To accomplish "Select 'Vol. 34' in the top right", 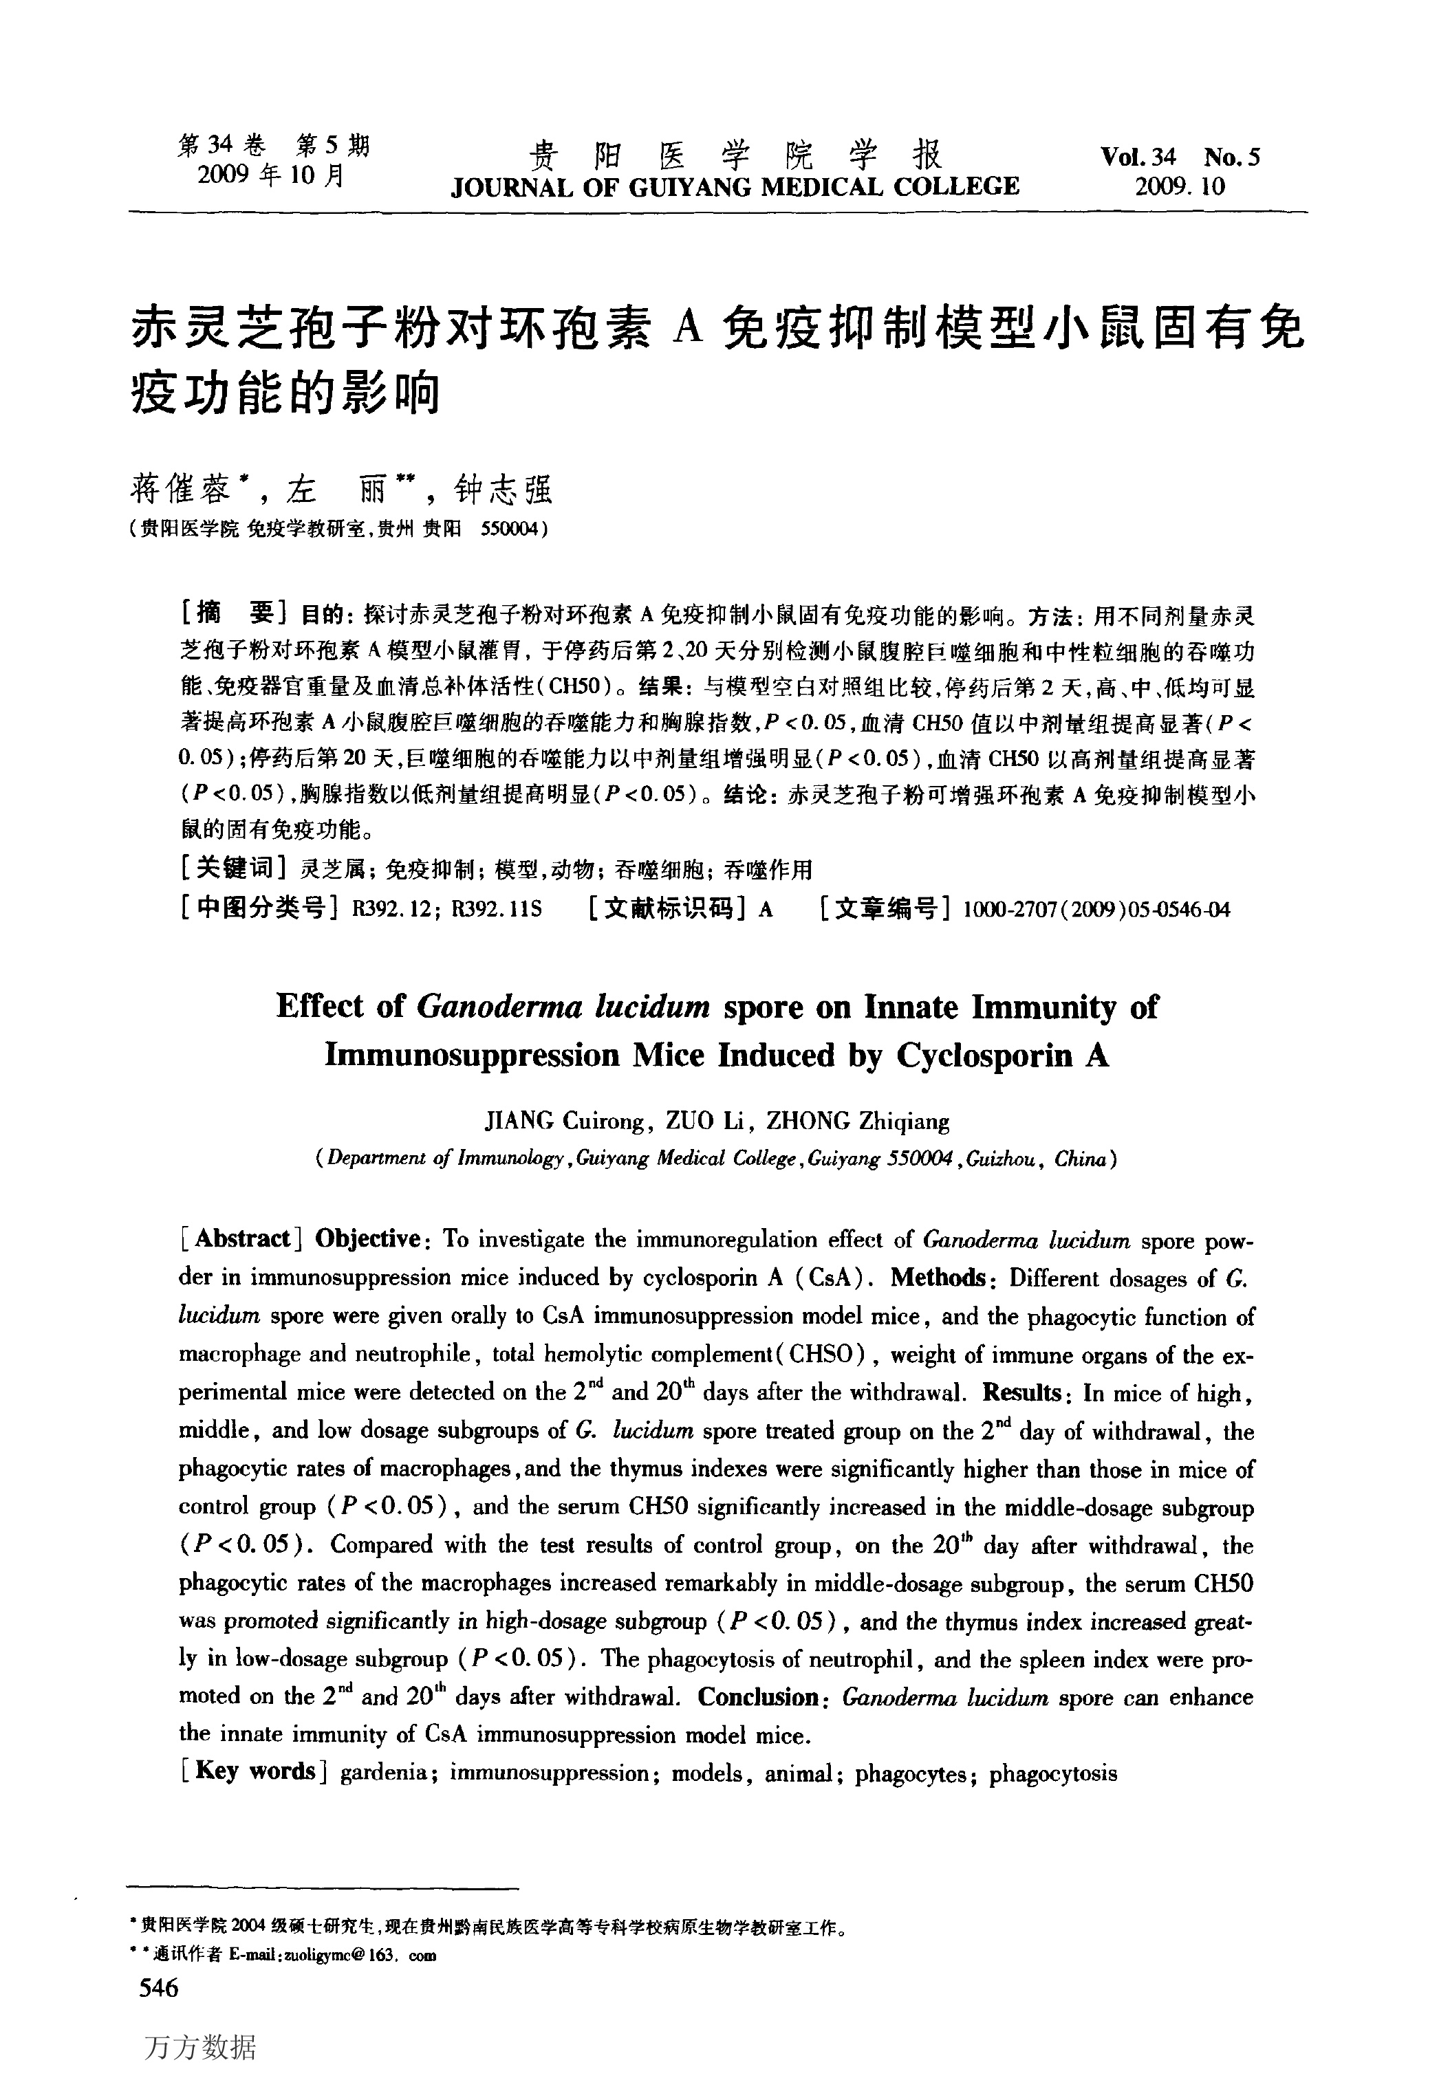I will (1138, 157).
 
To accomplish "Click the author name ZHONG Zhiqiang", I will (858, 1122).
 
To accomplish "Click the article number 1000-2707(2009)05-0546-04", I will (1096, 909).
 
